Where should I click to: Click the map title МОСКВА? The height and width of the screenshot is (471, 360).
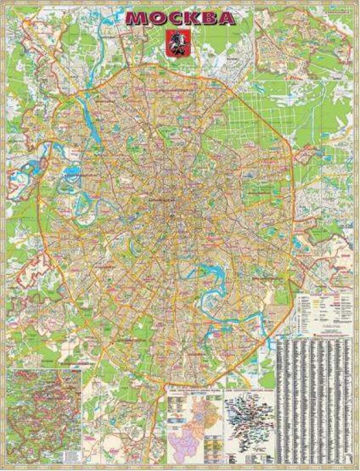(x=180, y=19)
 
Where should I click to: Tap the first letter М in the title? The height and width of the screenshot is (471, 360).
(x=136, y=19)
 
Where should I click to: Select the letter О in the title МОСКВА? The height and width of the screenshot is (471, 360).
(x=156, y=19)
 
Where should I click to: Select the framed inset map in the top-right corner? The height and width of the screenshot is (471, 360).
(x=304, y=41)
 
